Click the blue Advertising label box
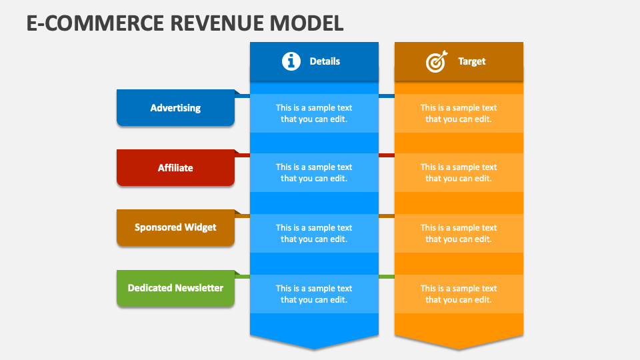pos(175,108)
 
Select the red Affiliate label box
pos(175,168)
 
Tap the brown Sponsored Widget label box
pos(175,227)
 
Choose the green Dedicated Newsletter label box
pos(175,288)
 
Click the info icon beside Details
pos(291,61)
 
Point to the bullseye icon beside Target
pos(436,62)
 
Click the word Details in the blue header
pos(325,61)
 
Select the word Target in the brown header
pos(471,61)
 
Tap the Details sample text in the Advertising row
pos(314,113)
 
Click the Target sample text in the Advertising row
pos(459,113)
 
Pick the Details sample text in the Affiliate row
pos(314,173)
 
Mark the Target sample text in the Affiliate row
pos(459,173)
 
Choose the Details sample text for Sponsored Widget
pos(314,233)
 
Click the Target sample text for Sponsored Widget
pos(459,233)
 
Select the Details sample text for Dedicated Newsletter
pos(314,294)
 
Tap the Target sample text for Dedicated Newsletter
pos(459,294)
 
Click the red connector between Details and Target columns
pos(387,155)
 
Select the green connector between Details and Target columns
pos(387,276)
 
